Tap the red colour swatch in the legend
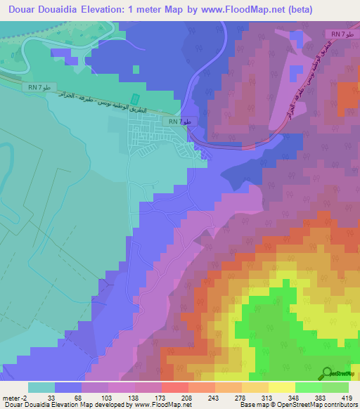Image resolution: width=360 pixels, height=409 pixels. coord(174,387)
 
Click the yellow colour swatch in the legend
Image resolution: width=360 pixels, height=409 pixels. coord(281,387)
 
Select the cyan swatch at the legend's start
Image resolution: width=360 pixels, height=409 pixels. coord(41,387)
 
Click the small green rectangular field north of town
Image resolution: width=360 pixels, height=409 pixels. coord(136,101)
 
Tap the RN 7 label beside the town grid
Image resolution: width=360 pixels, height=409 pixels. coord(176,122)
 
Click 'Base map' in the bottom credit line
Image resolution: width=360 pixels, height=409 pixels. coord(252,405)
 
